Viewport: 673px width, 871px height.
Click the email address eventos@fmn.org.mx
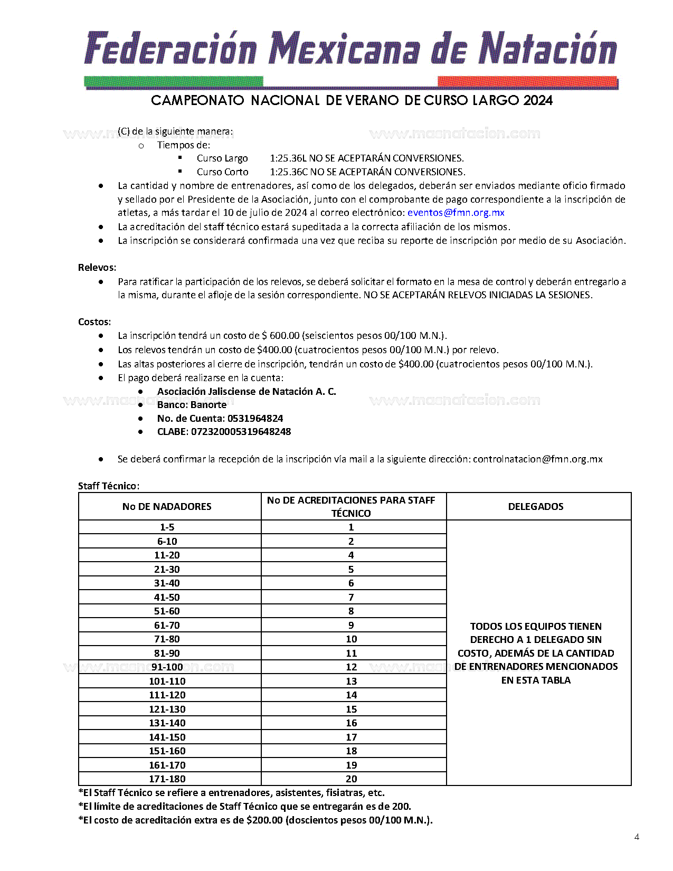(456, 213)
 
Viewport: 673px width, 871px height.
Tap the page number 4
(637, 837)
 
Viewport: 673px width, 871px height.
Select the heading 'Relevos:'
(97, 268)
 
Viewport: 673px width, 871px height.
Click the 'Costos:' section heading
(94, 322)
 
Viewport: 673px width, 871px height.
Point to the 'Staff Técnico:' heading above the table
(109, 486)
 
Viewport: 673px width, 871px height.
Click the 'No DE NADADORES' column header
(167, 507)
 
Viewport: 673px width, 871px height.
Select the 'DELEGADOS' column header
(535, 507)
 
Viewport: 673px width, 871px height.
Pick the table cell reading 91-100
(167, 667)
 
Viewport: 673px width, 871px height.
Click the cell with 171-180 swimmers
(167, 779)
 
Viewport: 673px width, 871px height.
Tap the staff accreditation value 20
(351, 779)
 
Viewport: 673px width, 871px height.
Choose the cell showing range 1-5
(167, 527)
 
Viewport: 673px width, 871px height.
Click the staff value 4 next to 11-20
(351, 555)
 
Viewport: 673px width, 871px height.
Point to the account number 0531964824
(255, 419)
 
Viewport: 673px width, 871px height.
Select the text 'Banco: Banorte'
(192, 405)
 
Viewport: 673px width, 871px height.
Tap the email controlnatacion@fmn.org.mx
(537, 459)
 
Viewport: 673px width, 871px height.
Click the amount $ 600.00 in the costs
(280, 336)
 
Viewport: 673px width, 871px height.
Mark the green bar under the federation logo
(174, 82)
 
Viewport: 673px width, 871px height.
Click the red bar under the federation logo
(527, 82)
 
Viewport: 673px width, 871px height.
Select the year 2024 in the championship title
(538, 100)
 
